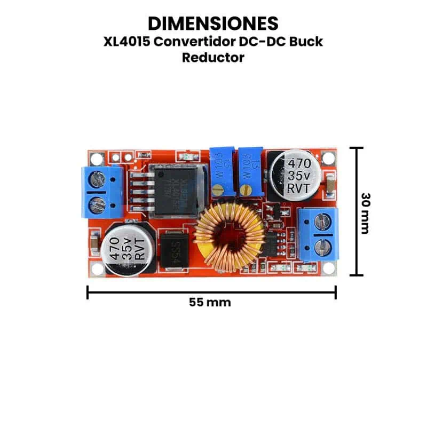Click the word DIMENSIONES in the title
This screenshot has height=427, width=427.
click(x=213, y=23)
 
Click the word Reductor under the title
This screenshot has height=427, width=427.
click(x=213, y=58)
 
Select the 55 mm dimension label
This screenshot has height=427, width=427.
click(x=210, y=302)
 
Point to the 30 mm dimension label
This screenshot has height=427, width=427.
click(x=365, y=213)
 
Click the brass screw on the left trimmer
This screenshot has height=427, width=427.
click(x=218, y=188)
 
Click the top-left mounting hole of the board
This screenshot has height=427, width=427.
click(x=97, y=159)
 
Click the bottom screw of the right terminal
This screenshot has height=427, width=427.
click(x=322, y=246)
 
